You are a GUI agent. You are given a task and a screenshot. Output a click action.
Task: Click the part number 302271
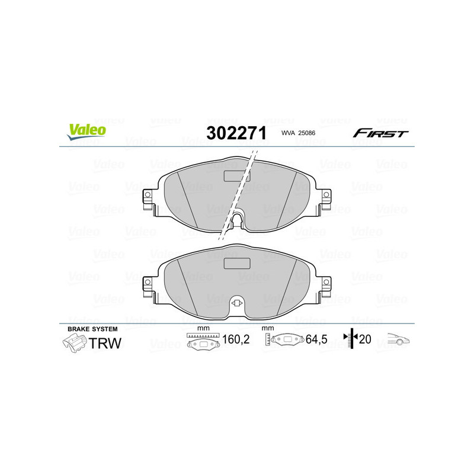click(236, 133)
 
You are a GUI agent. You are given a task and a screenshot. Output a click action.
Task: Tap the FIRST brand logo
click(380, 133)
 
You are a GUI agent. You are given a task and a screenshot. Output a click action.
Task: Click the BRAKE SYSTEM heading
click(92, 329)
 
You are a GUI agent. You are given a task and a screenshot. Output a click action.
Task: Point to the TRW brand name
click(104, 343)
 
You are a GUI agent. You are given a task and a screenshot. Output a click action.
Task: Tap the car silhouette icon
click(399, 340)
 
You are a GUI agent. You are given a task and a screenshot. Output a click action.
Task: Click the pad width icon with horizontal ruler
click(202, 342)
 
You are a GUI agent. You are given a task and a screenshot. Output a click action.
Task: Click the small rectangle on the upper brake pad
click(236, 175)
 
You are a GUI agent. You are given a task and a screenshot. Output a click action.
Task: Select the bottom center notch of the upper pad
click(236, 220)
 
